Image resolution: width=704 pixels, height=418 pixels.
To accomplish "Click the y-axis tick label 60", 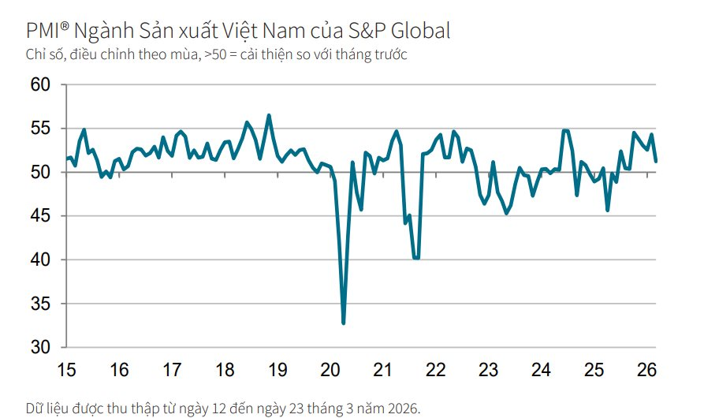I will coord(40,84).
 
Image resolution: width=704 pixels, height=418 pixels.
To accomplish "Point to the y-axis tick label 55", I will coord(40,129).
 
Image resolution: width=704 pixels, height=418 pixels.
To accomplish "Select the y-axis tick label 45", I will coord(40,216).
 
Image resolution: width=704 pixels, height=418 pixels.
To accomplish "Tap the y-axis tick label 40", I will coord(40,260).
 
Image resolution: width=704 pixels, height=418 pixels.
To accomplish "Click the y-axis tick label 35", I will coord(40,304).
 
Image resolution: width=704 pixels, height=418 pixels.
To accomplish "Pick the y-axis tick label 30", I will coord(40,348).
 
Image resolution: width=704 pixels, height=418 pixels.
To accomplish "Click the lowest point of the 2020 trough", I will coord(343,323).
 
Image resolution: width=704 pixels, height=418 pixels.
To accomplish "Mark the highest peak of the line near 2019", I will coord(269,115).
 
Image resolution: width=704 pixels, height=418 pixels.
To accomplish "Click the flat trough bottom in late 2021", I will coord(416,258).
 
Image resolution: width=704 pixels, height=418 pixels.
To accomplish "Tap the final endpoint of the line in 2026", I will coord(656,161).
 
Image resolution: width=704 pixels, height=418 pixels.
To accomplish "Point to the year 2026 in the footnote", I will coord(401,408).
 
